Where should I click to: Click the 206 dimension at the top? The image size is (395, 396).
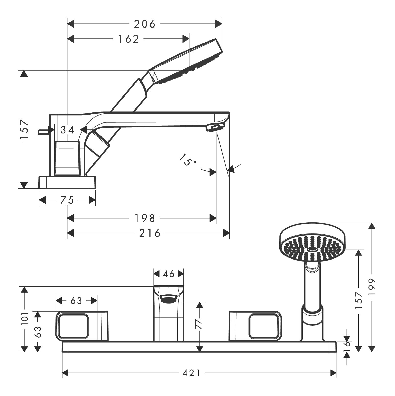click(x=145, y=24)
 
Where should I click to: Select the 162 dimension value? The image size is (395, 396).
click(x=129, y=39)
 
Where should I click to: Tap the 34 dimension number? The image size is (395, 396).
click(x=67, y=130)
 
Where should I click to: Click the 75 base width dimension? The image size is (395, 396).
click(x=67, y=200)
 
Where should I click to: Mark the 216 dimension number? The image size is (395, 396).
click(x=150, y=233)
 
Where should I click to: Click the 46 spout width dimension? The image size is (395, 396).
click(x=169, y=274)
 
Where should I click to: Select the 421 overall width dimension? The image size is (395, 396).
click(x=192, y=373)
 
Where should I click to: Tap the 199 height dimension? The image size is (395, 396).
click(x=373, y=287)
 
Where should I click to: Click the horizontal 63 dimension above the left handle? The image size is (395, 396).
click(x=76, y=301)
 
